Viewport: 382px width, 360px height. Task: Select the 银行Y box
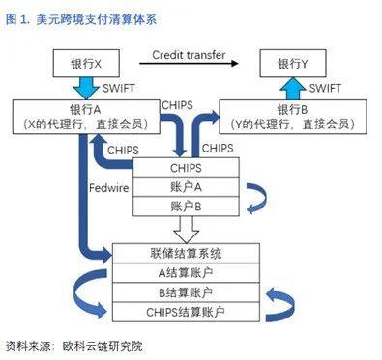(294, 66)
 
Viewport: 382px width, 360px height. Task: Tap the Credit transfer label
(189, 55)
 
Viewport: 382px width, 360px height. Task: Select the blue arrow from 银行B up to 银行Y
(294, 87)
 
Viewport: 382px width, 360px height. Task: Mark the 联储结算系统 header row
(186, 254)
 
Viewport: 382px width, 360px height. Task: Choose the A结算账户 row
(186, 272)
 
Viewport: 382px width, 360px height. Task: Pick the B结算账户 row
(186, 291)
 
